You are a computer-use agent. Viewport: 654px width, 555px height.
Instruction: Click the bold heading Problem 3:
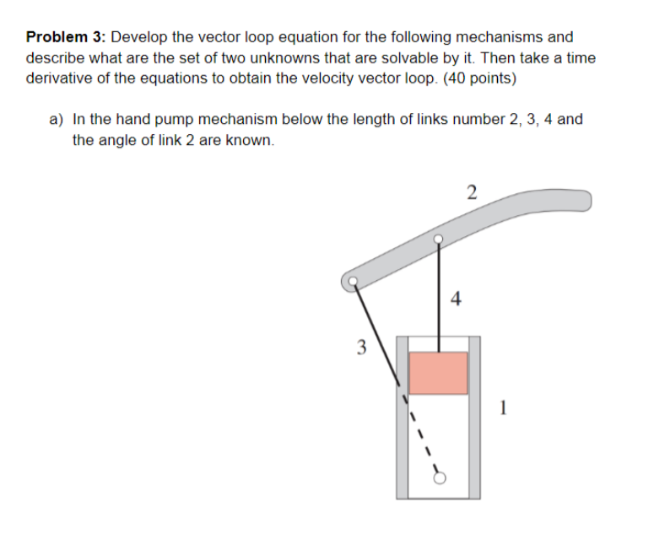tap(67, 37)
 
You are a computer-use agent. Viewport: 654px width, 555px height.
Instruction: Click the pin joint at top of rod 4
tap(438, 240)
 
